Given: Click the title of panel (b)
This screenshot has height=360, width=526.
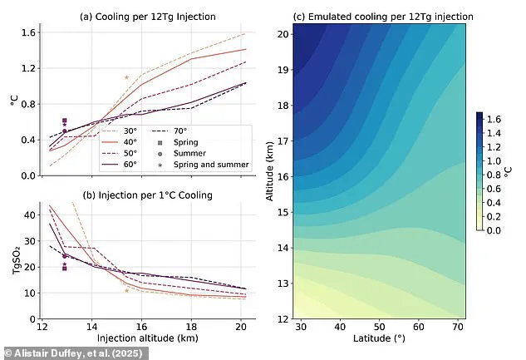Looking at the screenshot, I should click(147, 195).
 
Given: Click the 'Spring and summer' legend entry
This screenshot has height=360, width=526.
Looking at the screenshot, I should click(204, 165).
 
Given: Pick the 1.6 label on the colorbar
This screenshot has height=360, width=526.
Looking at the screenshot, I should click(499, 120).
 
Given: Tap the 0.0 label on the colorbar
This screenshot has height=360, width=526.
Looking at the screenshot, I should click(499, 229).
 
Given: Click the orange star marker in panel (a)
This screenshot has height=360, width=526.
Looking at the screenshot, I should click(126, 78).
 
